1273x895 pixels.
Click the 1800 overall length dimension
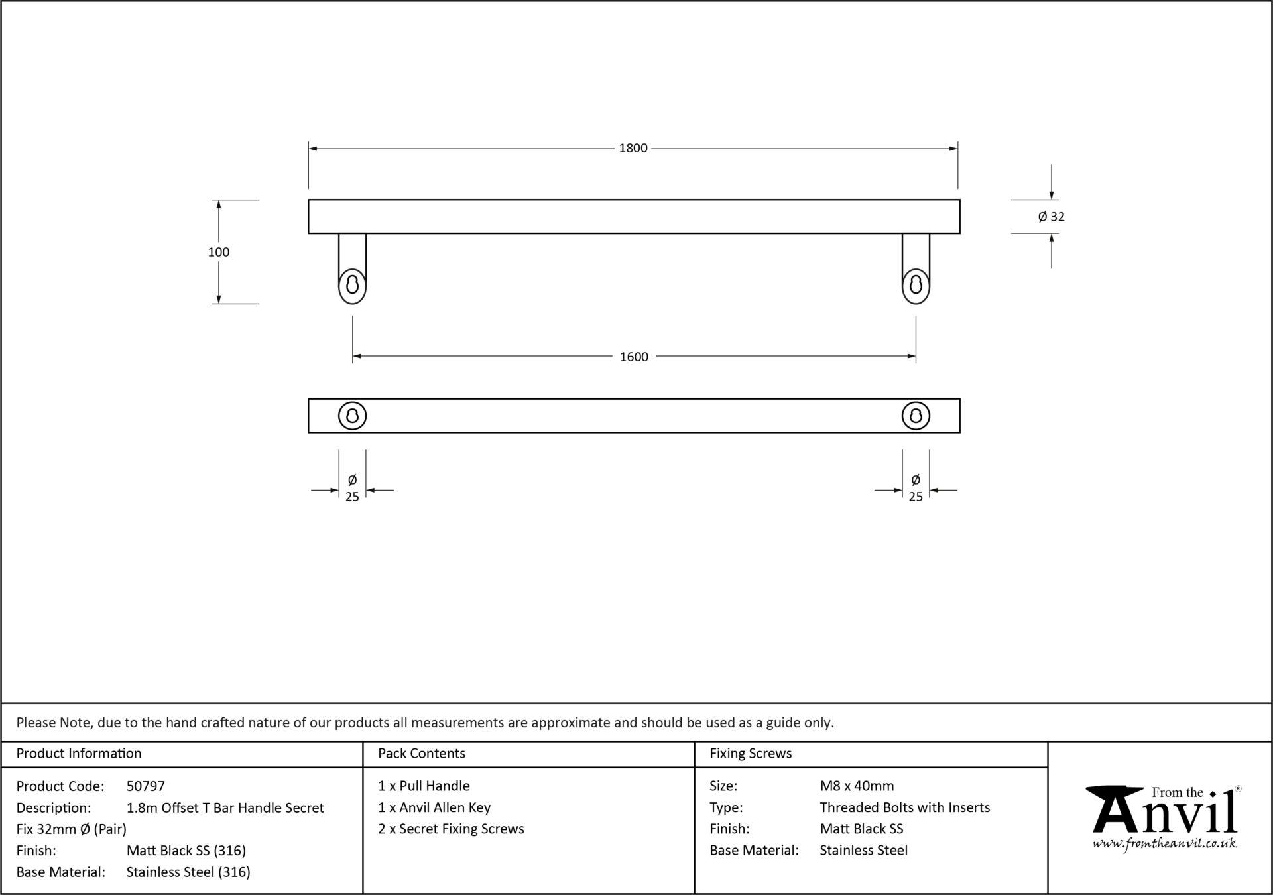(x=633, y=148)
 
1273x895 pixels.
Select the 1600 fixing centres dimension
(x=634, y=357)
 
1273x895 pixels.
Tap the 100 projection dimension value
(x=219, y=252)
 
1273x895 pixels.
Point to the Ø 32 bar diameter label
(x=1052, y=217)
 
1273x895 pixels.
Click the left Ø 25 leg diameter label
(x=352, y=488)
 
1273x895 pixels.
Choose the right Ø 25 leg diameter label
(x=916, y=488)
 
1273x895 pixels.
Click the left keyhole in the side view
(x=352, y=285)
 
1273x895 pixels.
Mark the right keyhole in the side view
(x=916, y=285)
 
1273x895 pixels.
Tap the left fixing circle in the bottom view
(x=352, y=416)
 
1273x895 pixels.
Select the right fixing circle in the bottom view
(x=916, y=416)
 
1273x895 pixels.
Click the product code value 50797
(x=146, y=786)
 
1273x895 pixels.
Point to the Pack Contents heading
(x=422, y=754)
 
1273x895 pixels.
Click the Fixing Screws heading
(x=751, y=754)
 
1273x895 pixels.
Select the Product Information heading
(x=79, y=754)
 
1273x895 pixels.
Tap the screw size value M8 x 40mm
(x=857, y=786)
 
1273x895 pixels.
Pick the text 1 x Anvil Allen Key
(x=434, y=807)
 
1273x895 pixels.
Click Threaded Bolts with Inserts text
(x=905, y=807)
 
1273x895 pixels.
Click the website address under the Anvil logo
(x=1165, y=844)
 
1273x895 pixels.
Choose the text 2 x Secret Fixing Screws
(x=451, y=829)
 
